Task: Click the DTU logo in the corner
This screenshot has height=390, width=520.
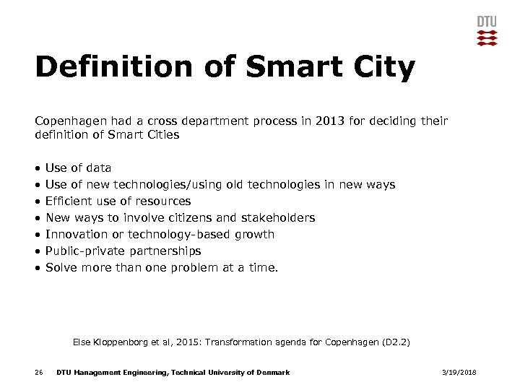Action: tap(487, 30)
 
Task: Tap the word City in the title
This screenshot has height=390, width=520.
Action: tap(386, 67)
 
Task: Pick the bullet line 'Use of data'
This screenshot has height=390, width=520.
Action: tap(78, 168)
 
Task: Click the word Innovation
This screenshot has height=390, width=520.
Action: tap(77, 234)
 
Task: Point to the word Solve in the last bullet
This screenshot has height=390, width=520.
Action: tap(61, 267)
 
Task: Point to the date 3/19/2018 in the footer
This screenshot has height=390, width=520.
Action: tap(459, 372)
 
